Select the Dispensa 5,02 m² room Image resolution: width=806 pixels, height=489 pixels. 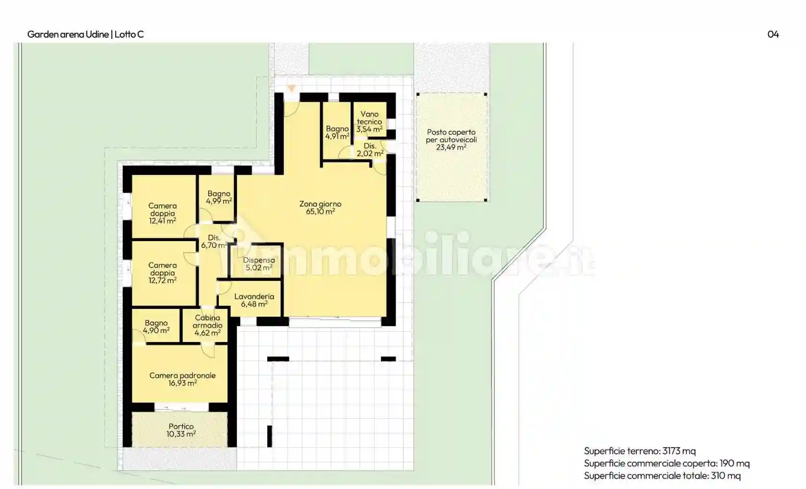click(259, 264)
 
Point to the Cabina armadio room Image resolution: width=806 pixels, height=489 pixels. click(207, 325)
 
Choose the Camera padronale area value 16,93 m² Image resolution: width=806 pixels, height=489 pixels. click(182, 383)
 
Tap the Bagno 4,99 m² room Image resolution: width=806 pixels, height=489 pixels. click(219, 197)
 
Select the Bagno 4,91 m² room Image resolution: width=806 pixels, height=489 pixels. click(337, 132)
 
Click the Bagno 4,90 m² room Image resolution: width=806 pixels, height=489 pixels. click(156, 327)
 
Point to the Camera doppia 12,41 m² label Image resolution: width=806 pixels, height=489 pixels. click(162, 213)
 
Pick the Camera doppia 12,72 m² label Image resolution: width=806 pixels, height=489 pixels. click(162, 272)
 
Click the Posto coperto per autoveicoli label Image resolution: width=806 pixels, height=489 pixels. click(451, 139)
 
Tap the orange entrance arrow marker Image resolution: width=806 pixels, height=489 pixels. click(292, 88)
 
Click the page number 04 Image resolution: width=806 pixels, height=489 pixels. click(773, 34)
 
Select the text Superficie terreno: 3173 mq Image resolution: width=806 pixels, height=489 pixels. click(640, 451)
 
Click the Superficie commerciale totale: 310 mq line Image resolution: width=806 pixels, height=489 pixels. click(662, 476)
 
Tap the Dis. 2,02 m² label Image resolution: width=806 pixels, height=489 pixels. click(370, 150)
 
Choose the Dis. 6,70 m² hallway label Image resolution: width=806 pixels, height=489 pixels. click(214, 241)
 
